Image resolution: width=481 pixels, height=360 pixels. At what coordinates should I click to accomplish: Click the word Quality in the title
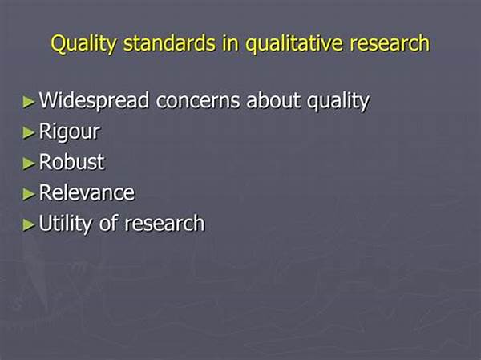83,43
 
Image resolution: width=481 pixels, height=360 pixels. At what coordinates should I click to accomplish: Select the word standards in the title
169,43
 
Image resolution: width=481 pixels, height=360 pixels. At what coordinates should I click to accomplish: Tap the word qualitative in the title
294,43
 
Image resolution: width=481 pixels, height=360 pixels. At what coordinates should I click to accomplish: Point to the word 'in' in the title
230,43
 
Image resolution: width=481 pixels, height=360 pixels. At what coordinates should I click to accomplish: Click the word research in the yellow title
390,43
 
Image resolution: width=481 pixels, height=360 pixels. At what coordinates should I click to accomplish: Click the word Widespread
94,101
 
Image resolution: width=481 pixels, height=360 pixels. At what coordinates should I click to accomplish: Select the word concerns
198,101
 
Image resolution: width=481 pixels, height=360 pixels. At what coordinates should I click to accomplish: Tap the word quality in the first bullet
338,101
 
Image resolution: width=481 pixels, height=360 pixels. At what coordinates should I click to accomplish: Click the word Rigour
69,132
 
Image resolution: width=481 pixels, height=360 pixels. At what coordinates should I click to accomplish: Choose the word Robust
71,162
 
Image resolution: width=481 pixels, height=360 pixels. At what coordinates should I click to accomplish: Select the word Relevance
87,192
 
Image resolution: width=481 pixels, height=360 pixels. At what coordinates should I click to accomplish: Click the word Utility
66,224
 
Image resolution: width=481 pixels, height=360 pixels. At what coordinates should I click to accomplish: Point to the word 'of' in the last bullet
108,223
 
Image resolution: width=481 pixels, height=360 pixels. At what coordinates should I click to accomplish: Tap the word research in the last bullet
164,223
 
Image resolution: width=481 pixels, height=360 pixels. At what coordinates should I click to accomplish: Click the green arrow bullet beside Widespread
29,102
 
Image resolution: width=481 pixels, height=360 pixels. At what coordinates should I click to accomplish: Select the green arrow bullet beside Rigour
29,132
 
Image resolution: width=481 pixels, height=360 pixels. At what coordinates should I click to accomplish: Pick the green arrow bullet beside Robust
29,164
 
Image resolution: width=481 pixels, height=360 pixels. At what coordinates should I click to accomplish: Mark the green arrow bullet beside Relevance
29,194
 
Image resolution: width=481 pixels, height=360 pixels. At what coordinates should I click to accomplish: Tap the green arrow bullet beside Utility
29,224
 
